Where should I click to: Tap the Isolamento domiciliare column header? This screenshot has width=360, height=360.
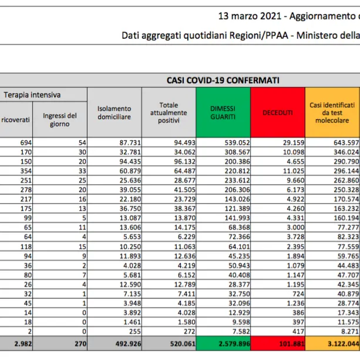click(115, 112)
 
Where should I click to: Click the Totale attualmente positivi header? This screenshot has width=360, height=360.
click(168, 112)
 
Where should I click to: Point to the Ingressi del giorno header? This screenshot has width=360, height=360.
click(60, 120)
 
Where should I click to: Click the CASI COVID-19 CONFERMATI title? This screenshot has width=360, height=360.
click(223, 80)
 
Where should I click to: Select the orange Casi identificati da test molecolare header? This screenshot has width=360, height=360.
click(332, 112)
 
